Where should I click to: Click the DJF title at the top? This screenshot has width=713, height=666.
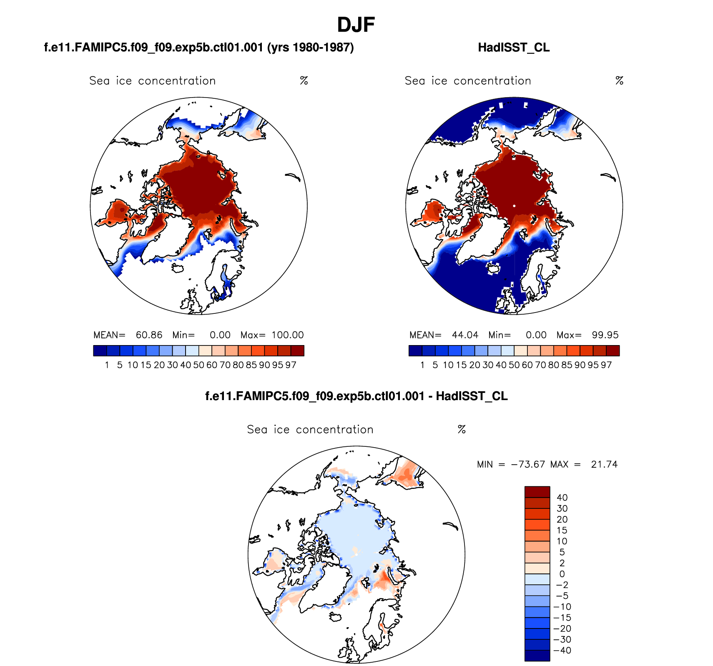click(356, 25)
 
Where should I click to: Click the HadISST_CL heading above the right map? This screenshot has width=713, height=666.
click(514, 48)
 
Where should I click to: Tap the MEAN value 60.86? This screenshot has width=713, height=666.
click(149, 335)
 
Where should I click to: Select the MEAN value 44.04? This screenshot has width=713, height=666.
click(465, 335)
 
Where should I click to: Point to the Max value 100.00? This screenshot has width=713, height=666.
click(288, 335)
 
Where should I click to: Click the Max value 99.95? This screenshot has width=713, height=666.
click(605, 335)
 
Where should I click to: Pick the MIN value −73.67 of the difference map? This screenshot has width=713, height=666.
click(528, 464)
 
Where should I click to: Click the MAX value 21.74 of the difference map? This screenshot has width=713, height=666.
click(604, 464)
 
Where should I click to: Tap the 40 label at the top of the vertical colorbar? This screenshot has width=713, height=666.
click(562, 498)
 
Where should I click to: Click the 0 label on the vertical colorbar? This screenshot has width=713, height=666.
click(562, 574)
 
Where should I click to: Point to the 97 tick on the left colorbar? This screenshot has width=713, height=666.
click(291, 365)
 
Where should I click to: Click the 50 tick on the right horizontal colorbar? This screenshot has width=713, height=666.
click(514, 365)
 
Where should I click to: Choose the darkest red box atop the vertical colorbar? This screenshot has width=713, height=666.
click(537, 492)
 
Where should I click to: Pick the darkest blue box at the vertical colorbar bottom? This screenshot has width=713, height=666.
click(537, 656)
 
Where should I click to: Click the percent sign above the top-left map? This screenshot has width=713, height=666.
click(304, 81)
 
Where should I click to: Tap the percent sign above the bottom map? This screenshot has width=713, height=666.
click(462, 430)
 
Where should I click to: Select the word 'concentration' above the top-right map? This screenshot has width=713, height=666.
click(492, 81)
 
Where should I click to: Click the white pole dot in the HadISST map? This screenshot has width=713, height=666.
click(514, 206)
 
